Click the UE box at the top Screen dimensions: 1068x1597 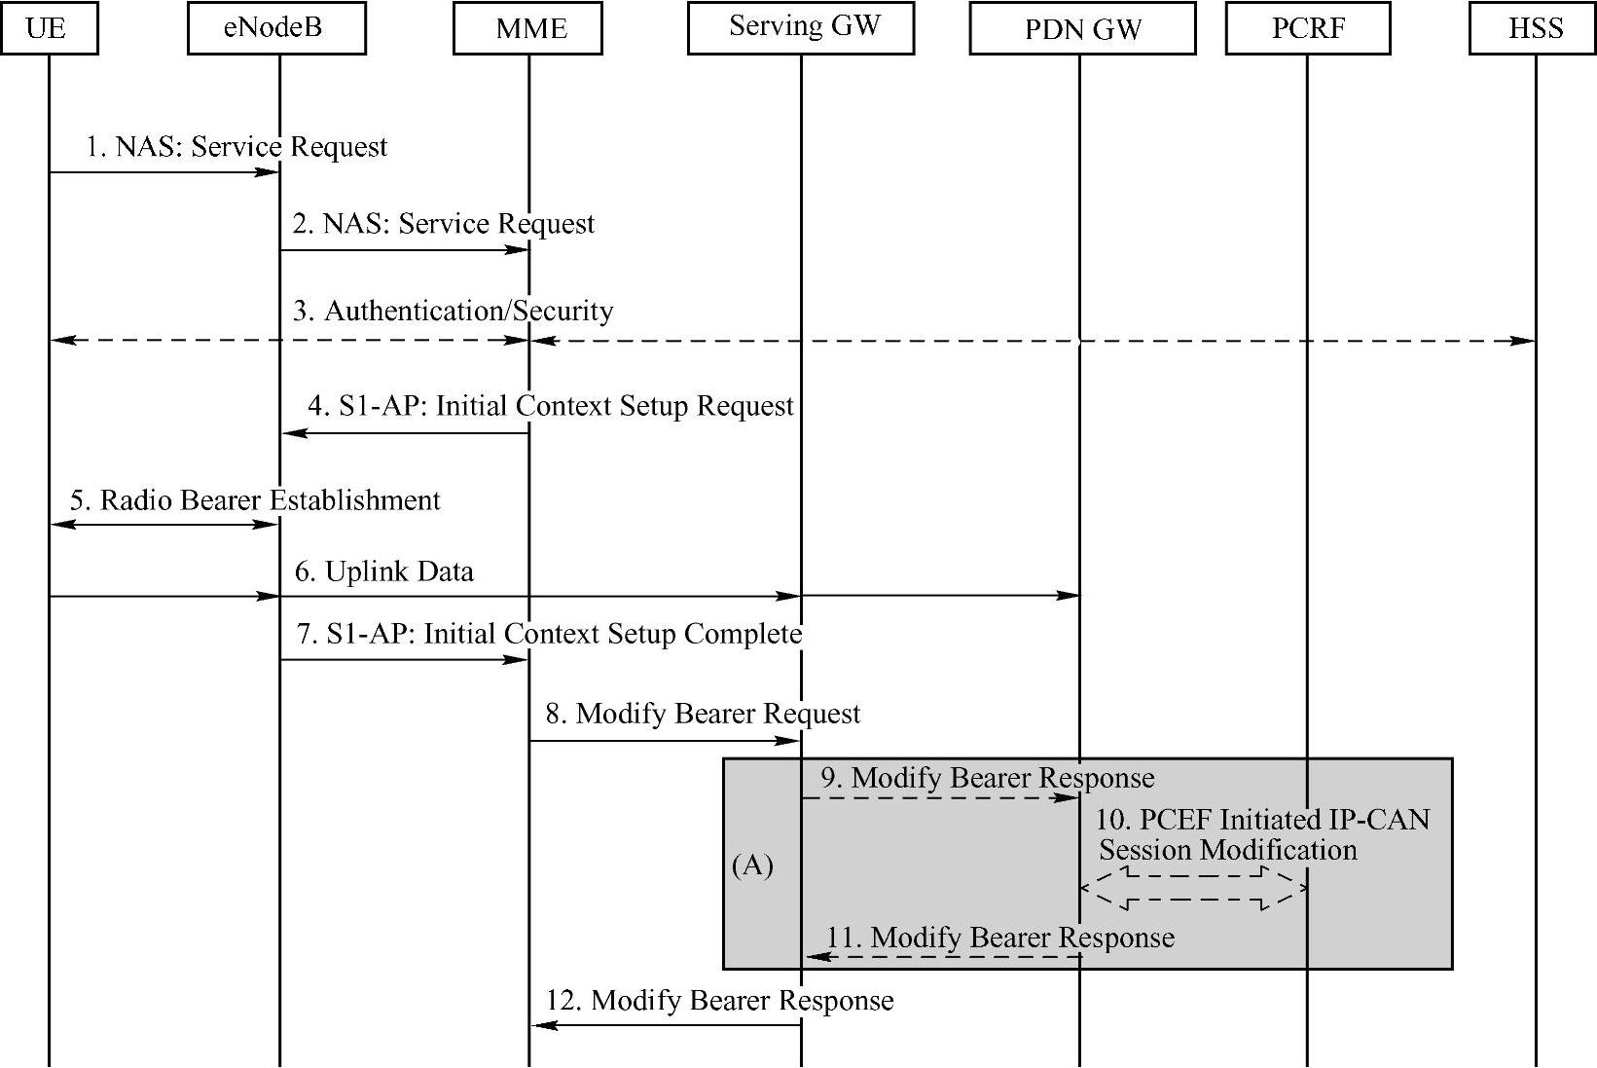pyautogui.click(x=49, y=28)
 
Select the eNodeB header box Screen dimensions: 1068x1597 pyautogui.click(x=276, y=28)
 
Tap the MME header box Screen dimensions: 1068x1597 pyautogui.click(x=527, y=28)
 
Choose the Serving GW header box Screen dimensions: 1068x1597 pyautogui.click(x=801, y=27)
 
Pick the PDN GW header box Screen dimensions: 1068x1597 pyautogui.click(x=1082, y=29)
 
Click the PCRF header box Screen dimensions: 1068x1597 pyautogui.click(x=1307, y=28)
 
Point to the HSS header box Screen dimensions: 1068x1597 pyautogui.click(x=1535, y=28)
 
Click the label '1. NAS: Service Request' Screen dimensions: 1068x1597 pyautogui.click(x=236, y=147)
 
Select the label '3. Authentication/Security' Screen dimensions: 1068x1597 pyautogui.click(x=454, y=312)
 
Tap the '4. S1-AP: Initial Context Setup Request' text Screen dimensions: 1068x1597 pyautogui.click(x=551, y=406)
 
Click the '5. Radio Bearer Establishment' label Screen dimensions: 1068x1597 pyautogui.click(x=255, y=500)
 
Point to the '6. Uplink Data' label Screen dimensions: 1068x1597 pyautogui.click(x=384, y=571)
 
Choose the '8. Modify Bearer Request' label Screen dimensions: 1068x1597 pyautogui.click(x=703, y=714)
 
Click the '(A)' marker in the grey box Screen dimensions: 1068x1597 pyautogui.click(x=752, y=865)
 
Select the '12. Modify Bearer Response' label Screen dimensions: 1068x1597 pyautogui.click(x=719, y=1001)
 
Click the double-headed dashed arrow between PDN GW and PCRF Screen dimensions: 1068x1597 pyautogui.click(x=1193, y=888)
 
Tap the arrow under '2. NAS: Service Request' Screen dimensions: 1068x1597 pyautogui.click(x=404, y=250)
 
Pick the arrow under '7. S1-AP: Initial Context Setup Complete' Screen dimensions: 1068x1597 pyautogui.click(x=404, y=660)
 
